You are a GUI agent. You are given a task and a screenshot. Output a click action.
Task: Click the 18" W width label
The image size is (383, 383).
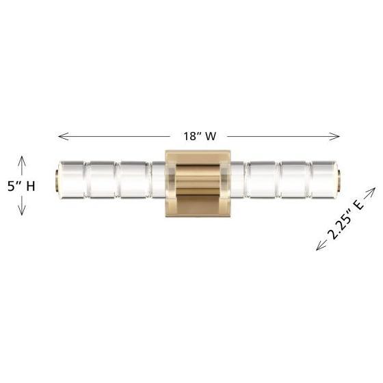coord(200,136)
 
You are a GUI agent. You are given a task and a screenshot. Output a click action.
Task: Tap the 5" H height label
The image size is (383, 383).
coord(21,186)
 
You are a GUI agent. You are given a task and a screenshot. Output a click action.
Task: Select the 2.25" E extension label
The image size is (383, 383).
coord(346,220)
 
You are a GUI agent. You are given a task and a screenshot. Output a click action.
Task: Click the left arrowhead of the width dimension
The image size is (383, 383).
coord(63,136)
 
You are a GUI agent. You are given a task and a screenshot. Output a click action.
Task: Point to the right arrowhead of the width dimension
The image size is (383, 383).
coord(334,136)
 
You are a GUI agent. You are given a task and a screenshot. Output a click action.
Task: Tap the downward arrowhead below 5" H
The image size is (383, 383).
coord(22,211)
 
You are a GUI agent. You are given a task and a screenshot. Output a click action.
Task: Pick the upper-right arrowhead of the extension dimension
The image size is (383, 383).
coord(371,192)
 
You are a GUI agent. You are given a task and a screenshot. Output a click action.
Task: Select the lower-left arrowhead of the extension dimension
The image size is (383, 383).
coord(321,246)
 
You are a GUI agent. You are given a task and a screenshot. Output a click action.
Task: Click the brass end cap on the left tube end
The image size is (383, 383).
coord(57,179)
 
